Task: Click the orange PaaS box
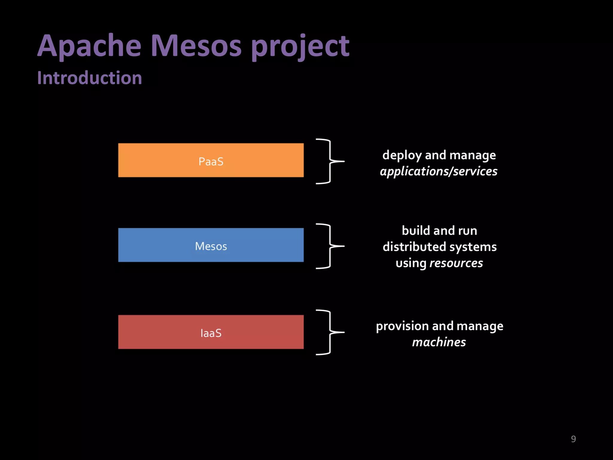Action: point(211,160)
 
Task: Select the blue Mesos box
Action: point(211,245)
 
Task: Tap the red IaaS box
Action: point(211,332)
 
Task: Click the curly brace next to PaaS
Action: point(330,161)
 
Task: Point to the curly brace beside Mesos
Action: point(330,246)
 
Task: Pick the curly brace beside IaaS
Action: point(330,332)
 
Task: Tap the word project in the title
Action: point(300,46)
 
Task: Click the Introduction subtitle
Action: point(89,78)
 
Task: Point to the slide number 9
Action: point(573,439)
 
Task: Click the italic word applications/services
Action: point(438,172)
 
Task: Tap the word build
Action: point(415,231)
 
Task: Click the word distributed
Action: point(414,247)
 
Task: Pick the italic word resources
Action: point(456,263)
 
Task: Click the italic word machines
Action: point(439,342)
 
